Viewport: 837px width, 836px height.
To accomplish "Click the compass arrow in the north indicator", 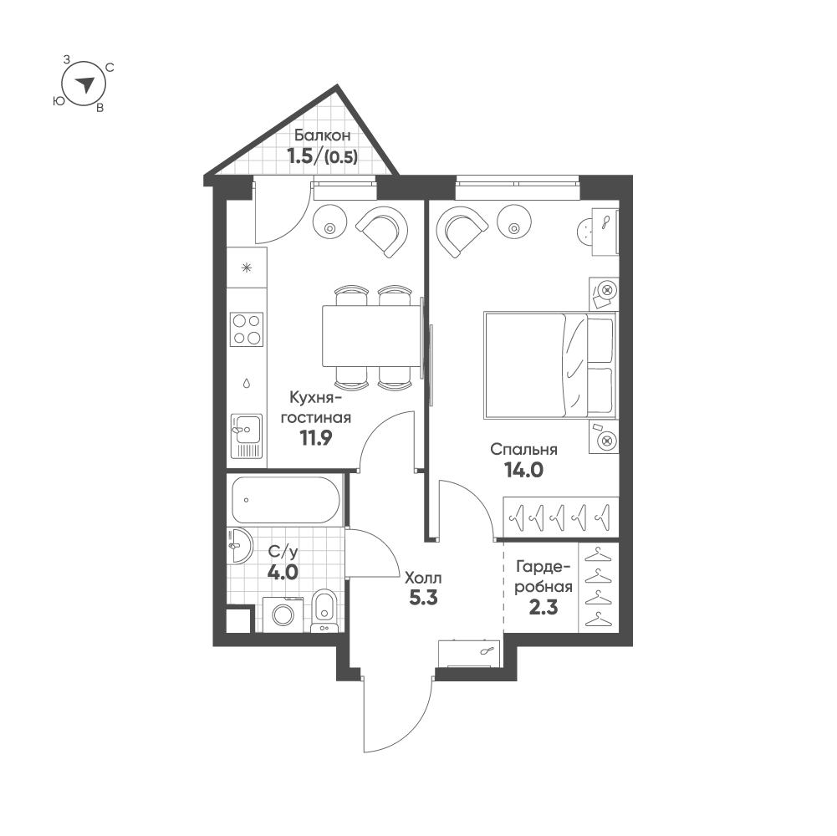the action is point(84,84).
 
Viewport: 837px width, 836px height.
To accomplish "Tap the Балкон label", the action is point(323,135).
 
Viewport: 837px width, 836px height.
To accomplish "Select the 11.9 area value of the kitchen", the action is point(315,438).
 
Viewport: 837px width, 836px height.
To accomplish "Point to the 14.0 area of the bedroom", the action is point(523,470).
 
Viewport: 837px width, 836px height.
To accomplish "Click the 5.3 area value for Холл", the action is point(423,598).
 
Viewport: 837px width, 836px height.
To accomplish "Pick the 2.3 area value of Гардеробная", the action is point(544,607).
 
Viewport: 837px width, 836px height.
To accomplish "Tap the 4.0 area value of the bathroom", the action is point(283,573).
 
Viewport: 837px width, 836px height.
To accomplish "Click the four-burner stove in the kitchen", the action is point(247,329).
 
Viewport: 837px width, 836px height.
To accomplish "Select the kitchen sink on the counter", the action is point(247,436).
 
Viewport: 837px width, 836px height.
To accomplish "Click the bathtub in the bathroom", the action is point(286,500).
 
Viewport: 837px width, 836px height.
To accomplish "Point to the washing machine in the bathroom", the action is point(283,614).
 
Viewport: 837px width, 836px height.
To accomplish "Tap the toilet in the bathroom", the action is point(324,610).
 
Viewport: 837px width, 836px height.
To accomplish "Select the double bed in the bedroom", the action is point(550,365).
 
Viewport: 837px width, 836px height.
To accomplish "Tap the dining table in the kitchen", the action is point(372,336).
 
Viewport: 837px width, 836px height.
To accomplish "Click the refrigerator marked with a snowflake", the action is point(247,268).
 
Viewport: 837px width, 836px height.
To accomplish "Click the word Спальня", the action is point(523,450).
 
